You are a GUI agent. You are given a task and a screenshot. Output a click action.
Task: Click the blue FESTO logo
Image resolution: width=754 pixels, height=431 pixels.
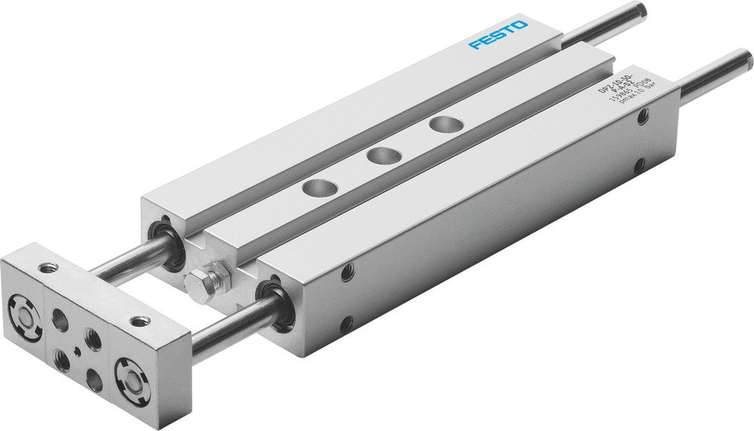(x=498, y=35)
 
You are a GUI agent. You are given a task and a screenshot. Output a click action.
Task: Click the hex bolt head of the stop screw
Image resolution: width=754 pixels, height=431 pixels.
(x=198, y=287)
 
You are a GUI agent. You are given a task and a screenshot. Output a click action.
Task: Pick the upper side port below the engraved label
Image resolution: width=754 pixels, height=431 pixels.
(x=642, y=118)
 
